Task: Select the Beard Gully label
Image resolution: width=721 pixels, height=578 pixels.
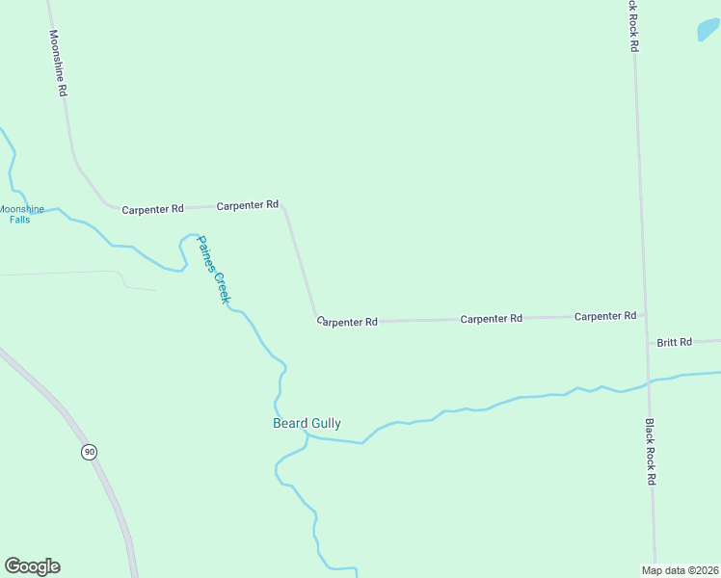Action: pyautogui.click(x=307, y=423)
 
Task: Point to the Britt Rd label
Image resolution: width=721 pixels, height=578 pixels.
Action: pyautogui.click(x=674, y=342)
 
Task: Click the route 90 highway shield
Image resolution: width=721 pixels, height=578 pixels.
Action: pyautogui.click(x=89, y=452)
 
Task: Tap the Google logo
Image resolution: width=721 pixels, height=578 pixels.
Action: pyautogui.click(x=32, y=566)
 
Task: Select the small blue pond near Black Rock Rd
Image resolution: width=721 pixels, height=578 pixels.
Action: pyautogui.click(x=708, y=30)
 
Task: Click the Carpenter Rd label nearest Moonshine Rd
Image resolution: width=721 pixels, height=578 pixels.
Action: pyautogui.click(x=152, y=208)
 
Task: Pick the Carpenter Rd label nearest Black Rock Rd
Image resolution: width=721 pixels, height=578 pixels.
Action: pyautogui.click(x=604, y=316)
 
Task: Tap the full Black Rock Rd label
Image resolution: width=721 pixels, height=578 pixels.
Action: pyautogui.click(x=651, y=451)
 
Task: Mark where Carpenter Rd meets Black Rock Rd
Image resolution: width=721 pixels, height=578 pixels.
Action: pyautogui.click(x=643, y=315)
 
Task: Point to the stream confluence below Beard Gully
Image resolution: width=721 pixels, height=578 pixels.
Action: pyautogui.click(x=307, y=435)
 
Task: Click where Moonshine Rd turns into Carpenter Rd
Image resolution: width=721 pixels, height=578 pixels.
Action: pyautogui.click(x=108, y=204)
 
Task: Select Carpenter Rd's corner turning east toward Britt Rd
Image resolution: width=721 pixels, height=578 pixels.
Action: pyautogui.click(x=316, y=319)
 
